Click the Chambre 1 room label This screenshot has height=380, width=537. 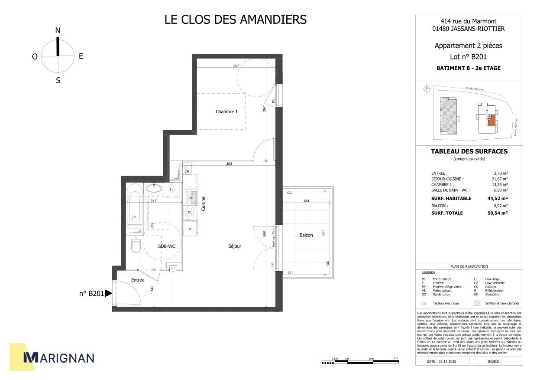(x=226, y=111)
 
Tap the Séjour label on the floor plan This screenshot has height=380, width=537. (x=235, y=246)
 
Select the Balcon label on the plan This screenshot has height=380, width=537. (x=306, y=235)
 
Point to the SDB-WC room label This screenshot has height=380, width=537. (x=166, y=246)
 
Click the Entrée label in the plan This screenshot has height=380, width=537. (x=138, y=280)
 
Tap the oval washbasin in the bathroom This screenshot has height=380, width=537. (x=153, y=188)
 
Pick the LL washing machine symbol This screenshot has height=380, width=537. (x=172, y=190)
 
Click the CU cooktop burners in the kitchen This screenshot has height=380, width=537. (x=190, y=213)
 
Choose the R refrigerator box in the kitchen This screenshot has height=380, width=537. (x=190, y=228)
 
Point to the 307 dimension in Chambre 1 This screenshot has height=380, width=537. (x=236, y=66)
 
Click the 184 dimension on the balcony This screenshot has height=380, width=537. (x=306, y=201)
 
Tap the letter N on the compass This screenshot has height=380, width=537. (x=58, y=30)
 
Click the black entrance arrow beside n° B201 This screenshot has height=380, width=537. (x=109, y=293)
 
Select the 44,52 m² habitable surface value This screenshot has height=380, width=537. (x=497, y=199)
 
